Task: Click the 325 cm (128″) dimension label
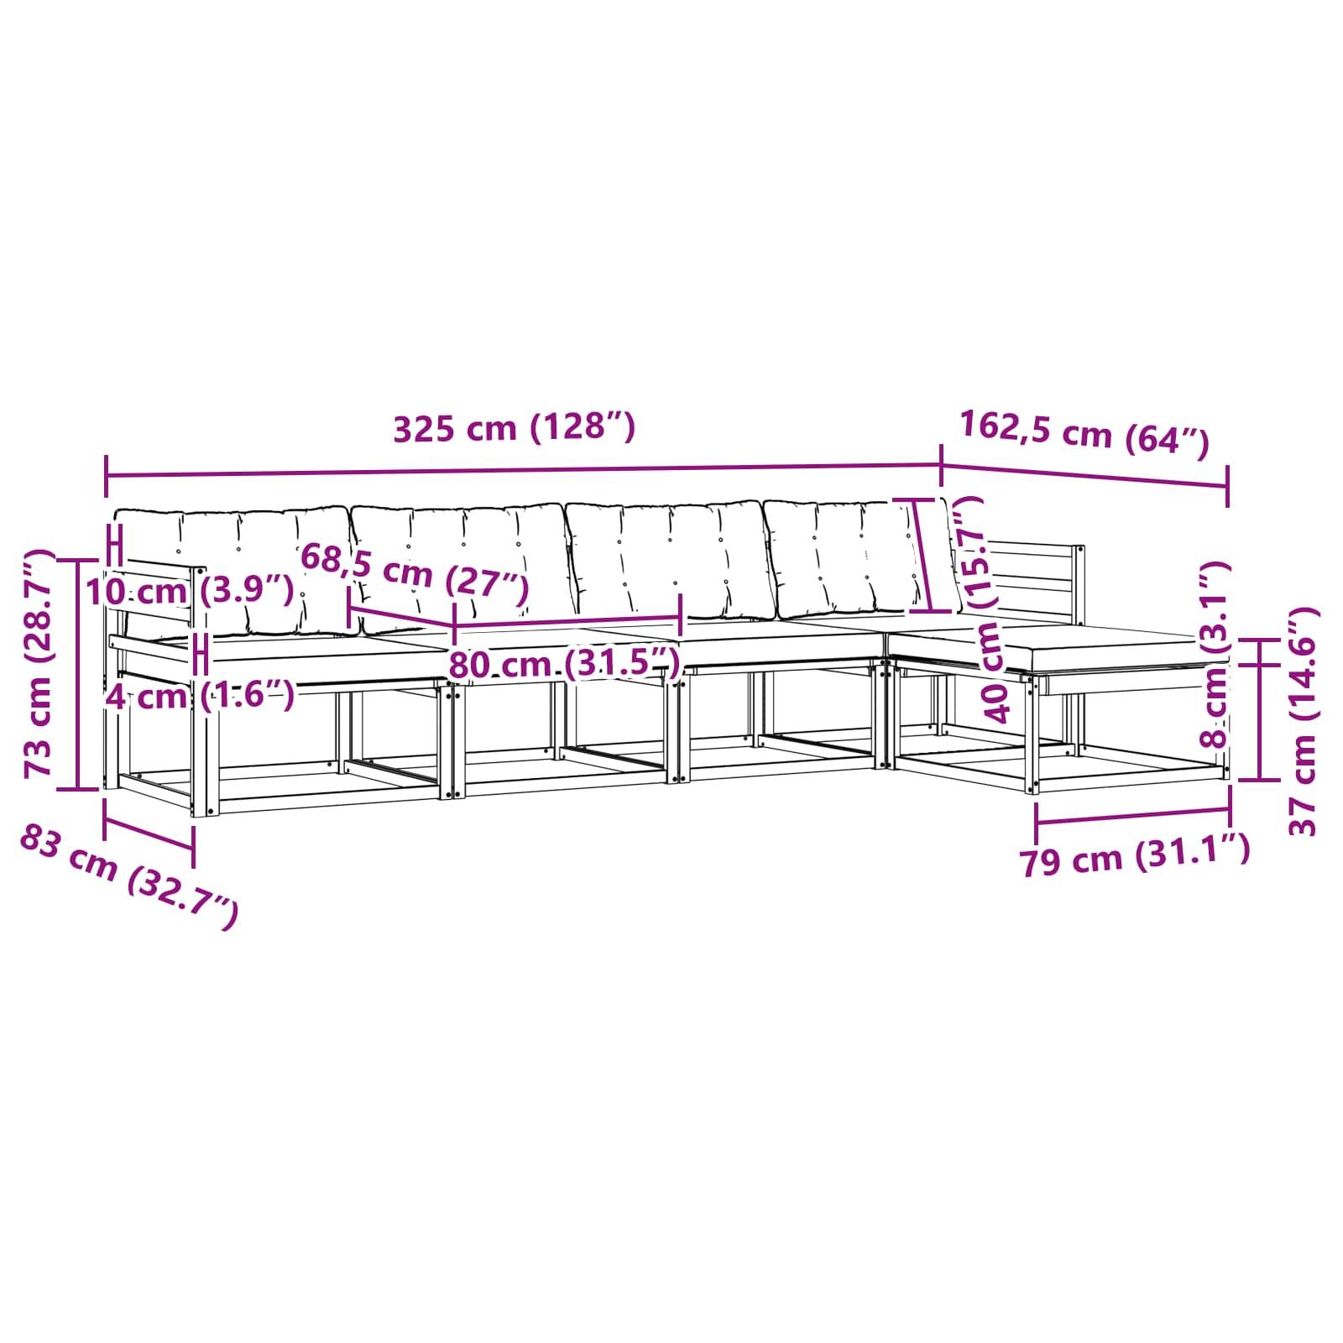tap(515, 428)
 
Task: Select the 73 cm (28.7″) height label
tap(39, 664)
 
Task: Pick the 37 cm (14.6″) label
tap(1303, 721)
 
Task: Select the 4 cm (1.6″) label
tap(200, 696)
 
